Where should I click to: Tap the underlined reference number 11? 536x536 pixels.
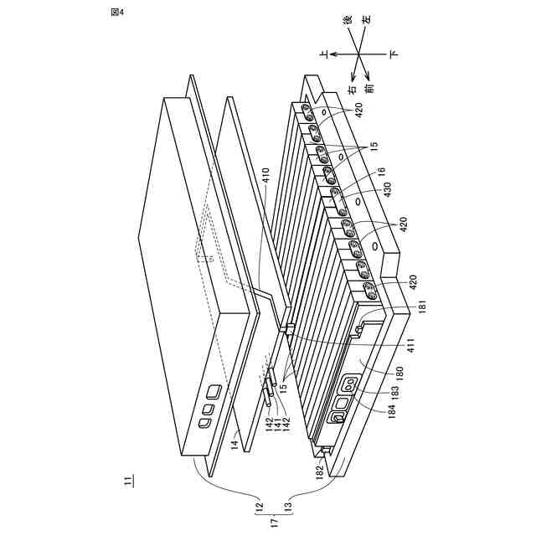pos(127,481)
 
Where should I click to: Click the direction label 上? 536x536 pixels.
pos(323,52)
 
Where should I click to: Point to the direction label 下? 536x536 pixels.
pos(392,52)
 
